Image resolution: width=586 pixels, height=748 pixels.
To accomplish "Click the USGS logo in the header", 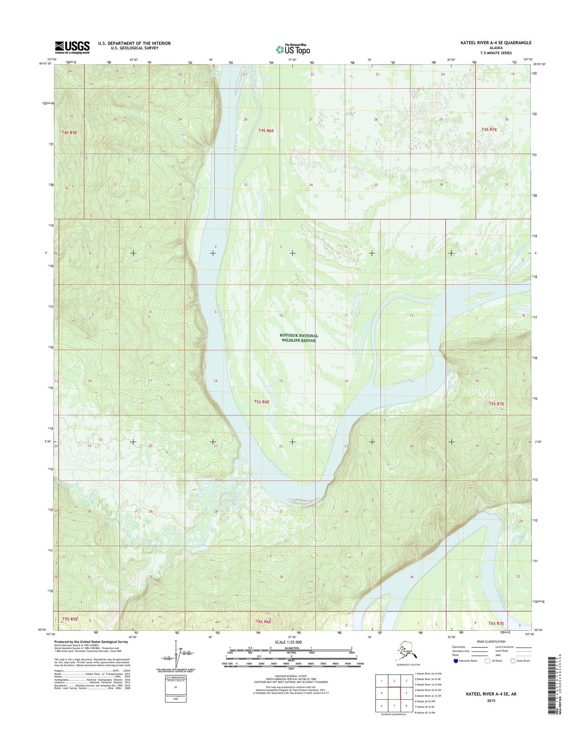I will (72, 47).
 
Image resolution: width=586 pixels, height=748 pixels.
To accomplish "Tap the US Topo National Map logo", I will (293, 49).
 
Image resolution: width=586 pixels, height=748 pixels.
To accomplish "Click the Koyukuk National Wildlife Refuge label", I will (299, 338).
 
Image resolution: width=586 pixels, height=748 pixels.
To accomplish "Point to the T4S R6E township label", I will (266, 131).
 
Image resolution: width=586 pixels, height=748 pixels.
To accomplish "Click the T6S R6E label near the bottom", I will (263, 621).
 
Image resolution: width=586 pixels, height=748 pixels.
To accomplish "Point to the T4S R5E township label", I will (69, 132).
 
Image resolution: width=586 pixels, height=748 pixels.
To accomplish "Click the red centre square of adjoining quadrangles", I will (394, 693).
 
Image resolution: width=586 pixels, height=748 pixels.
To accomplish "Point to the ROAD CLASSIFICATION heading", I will (492, 642).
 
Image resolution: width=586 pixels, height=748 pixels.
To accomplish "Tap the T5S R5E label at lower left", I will (70, 619).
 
